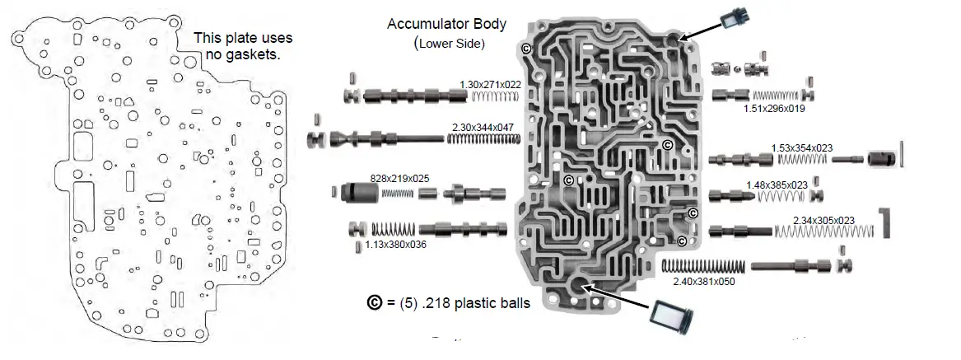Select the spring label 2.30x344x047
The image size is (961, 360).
[483, 127]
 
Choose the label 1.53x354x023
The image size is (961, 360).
[801, 148]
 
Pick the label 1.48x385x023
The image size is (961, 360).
[776, 185]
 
